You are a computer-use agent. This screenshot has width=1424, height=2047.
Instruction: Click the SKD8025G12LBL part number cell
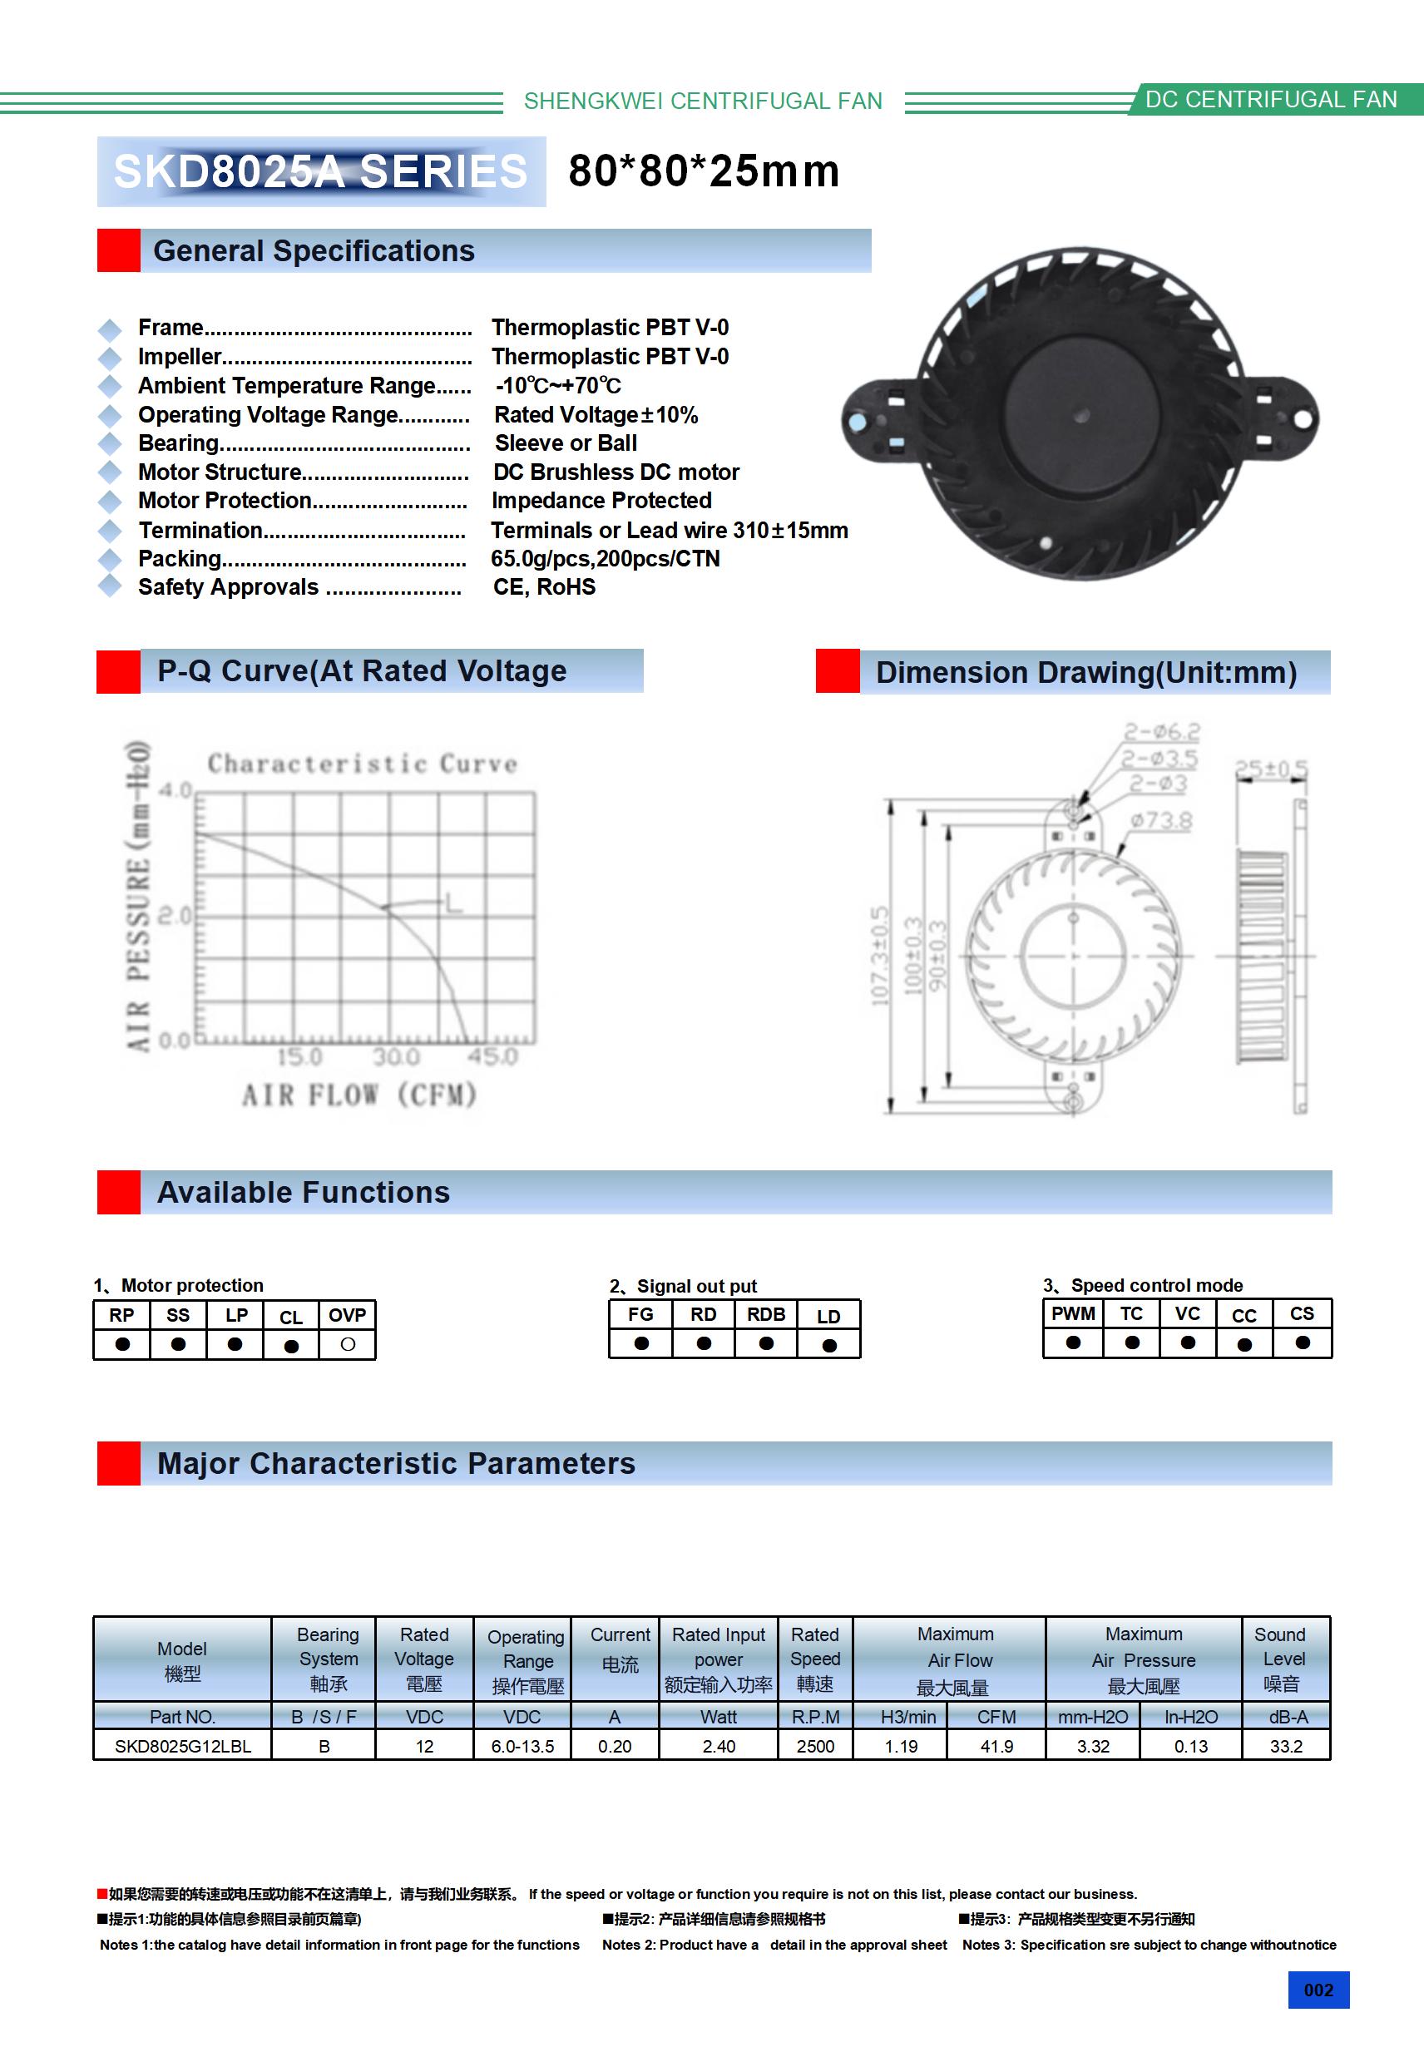click(183, 1746)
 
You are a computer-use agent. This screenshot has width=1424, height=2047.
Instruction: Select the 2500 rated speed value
click(815, 1746)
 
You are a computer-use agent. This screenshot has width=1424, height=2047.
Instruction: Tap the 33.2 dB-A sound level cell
click(1286, 1746)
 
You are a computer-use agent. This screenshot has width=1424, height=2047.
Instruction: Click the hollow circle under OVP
click(348, 1344)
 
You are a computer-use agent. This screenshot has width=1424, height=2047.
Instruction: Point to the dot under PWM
click(1073, 1342)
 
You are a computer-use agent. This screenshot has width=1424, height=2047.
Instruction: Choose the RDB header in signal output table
click(766, 1314)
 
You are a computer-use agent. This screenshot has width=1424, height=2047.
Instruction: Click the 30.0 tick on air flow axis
click(396, 1057)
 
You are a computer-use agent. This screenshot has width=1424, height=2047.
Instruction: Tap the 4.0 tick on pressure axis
click(175, 791)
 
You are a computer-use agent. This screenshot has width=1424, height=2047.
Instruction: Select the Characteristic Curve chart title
click(362, 764)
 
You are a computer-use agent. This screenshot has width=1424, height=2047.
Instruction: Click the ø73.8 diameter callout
click(1161, 820)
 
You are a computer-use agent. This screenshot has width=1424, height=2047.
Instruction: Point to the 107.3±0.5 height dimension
click(880, 956)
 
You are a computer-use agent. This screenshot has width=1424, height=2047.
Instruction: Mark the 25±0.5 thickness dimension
click(1271, 769)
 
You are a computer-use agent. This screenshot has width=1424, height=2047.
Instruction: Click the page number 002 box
click(1318, 1990)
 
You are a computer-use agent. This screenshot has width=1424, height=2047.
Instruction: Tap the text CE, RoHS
click(544, 586)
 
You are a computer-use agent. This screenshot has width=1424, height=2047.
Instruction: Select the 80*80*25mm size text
click(704, 171)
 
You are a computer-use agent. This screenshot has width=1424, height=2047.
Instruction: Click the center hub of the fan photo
click(1081, 415)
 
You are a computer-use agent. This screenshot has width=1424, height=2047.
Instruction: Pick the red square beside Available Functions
click(119, 1192)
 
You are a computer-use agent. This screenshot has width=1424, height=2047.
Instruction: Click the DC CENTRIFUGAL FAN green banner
click(1271, 99)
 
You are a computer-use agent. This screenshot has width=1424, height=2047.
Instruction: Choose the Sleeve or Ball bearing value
click(566, 443)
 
